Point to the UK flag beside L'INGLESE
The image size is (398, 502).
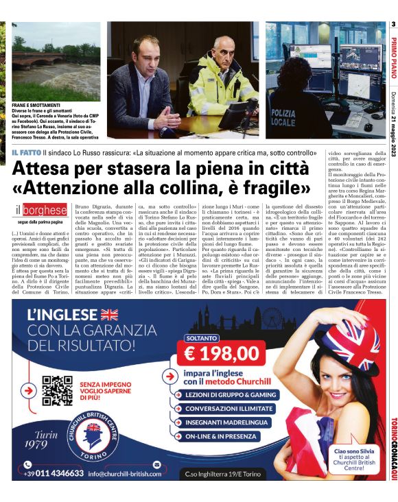108,315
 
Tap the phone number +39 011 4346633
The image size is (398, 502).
54,473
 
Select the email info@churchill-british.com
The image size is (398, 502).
128,473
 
